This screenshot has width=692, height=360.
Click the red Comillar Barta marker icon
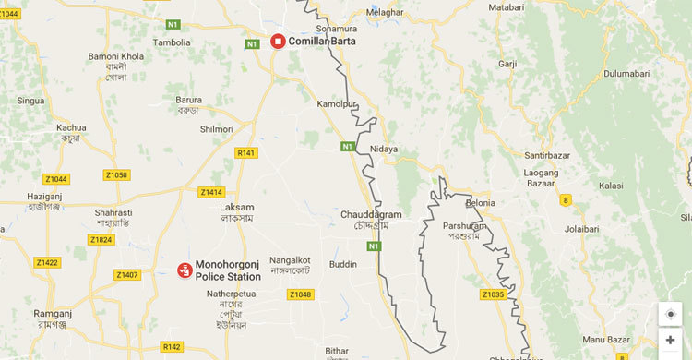(x=277, y=41)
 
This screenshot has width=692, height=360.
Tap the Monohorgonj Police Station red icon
(x=185, y=270)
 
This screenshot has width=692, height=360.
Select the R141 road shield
(x=245, y=153)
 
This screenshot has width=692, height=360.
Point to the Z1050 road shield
(x=116, y=174)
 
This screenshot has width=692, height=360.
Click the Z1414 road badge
(x=211, y=192)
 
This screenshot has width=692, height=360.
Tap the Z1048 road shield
(x=300, y=294)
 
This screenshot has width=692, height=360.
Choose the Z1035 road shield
(x=493, y=295)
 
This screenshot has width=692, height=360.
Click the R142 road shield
(x=172, y=347)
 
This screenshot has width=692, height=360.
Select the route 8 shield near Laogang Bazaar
(x=565, y=199)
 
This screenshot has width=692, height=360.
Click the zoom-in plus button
(x=670, y=341)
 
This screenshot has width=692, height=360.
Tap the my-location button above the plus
(x=670, y=314)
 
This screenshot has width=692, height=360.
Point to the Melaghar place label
(x=385, y=12)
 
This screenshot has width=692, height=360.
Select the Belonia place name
(x=480, y=203)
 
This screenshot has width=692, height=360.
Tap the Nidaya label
(x=384, y=149)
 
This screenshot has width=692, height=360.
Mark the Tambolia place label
(x=173, y=42)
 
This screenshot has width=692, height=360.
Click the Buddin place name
(x=343, y=264)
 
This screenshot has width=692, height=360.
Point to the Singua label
(x=31, y=100)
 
